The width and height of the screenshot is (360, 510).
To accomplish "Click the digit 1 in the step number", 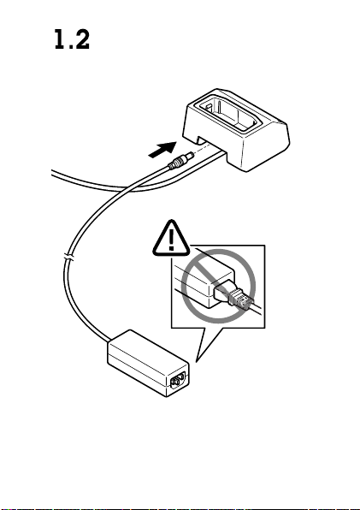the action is coord(60,39).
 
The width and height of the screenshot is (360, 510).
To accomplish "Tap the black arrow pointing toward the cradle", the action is coord(162,150).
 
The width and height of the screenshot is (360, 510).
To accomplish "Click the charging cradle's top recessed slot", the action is coord(227,113).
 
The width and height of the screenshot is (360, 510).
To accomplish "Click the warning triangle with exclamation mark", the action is coord(171,238).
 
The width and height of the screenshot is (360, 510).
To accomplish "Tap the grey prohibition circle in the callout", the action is coord(218,286).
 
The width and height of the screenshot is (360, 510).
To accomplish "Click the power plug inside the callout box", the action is coord(233,293).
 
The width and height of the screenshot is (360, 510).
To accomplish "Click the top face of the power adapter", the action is coord(148,351).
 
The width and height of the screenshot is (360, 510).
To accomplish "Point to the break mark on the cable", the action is coord(69,258).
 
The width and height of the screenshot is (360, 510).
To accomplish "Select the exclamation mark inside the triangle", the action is coord(172,240).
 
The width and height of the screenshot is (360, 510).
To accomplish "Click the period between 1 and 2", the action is coord(69,47).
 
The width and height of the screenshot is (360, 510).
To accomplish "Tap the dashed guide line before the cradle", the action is coord(204,148).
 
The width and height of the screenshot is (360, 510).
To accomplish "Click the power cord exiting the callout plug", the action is coord(257,310).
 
